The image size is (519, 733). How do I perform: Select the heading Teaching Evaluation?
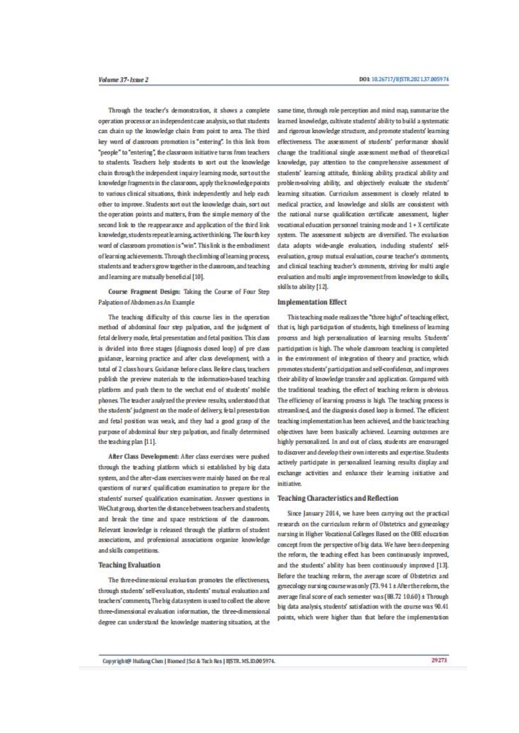(x=129, y=565)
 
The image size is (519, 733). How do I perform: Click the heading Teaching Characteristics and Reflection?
(x=338, y=498)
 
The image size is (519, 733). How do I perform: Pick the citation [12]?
(x=322, y=286)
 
